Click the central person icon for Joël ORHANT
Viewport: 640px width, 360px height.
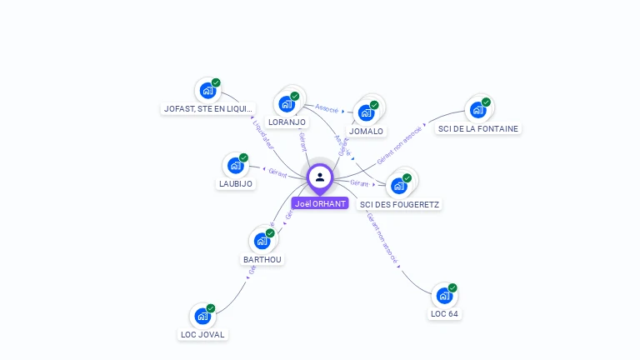320,177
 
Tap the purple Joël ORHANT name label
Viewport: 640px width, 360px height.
320,203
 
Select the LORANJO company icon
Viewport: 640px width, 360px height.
287,104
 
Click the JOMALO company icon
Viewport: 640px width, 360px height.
366,113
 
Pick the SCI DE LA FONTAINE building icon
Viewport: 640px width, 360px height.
477,110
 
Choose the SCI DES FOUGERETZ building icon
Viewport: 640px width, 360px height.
398,186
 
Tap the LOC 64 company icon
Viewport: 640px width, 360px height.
444,296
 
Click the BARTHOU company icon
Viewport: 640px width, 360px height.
262,242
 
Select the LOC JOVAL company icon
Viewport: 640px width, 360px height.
202,317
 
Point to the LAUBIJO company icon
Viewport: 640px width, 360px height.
235,166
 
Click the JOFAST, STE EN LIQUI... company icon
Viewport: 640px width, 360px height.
207,90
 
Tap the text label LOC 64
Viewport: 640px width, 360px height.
444,314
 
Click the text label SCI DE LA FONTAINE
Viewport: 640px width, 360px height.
478,128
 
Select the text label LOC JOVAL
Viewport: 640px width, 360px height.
202,334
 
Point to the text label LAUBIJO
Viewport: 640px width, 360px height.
235,183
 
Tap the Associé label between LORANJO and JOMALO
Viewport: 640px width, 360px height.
327,107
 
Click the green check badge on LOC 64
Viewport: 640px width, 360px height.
452,288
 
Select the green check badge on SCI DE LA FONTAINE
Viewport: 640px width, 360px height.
486,102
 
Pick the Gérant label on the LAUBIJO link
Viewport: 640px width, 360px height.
277,172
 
